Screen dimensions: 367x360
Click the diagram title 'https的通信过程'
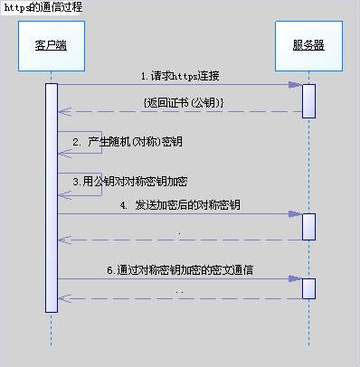42,7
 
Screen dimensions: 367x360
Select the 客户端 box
51,44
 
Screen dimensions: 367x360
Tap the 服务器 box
308,44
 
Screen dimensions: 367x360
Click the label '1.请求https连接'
179,75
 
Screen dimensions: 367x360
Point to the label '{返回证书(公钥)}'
184,102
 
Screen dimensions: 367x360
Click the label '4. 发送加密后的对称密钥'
180,205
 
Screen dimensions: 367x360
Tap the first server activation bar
308,100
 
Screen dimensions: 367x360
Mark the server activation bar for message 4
308,226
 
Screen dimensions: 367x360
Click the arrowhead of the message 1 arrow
296,85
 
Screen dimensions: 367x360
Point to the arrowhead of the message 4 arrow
296,214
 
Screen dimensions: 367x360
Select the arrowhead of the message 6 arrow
296,279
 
